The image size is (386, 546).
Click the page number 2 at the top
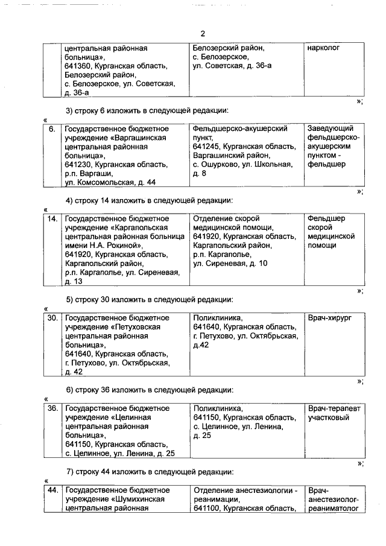point(203,34)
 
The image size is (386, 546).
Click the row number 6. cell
point(52,129)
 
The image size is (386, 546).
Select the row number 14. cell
point(52,218)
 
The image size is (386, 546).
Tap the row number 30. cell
point(52,317)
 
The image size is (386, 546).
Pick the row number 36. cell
point(52,408)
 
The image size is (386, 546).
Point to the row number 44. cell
point(52,490)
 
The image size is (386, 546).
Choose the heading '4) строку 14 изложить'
point(148,200)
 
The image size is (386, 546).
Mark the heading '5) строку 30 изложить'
point(148,299)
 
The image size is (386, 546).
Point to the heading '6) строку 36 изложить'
point(148,390)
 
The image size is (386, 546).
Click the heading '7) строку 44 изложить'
point(148,472)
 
